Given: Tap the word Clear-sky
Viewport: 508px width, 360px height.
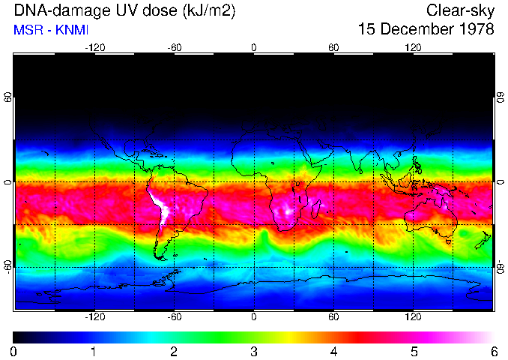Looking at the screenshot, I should (x=460, y=10).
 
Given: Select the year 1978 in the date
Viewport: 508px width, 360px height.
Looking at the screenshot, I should (x=474, y=29).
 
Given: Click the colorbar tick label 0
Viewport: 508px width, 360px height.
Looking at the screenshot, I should (x=14, y=351).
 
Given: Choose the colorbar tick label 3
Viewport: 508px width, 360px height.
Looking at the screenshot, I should (x=254, y=351).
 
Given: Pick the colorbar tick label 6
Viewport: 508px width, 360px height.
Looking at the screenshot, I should (x=494, y=351).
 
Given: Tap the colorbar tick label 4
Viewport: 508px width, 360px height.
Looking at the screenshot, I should (x=334, y=351).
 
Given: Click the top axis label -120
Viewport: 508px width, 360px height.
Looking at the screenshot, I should (x=94, y=47).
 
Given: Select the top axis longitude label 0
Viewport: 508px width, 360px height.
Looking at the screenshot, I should (x=254, y=47).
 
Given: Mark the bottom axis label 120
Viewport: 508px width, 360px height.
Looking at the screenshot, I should (x=414, y=317).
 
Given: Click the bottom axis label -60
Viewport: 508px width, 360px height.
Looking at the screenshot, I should (x=175, y=317).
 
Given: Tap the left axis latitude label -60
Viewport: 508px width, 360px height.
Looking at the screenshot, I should (x=8, y=266).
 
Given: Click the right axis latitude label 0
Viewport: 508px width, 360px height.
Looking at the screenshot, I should (x=500, y=182).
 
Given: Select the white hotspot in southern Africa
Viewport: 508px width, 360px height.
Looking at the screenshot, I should (x=285, y=209).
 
